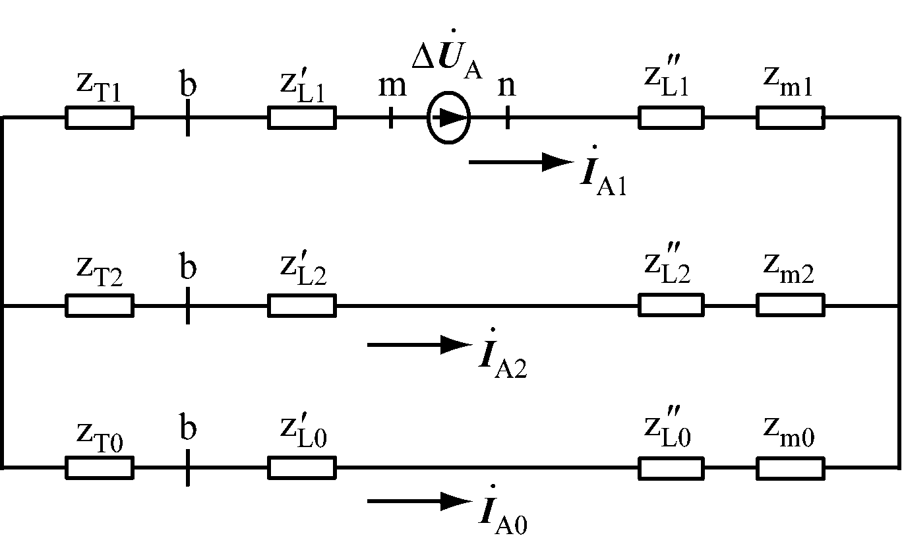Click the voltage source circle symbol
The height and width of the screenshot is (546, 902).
click(x=448, y=117)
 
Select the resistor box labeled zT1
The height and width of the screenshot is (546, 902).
click(x=100, y=117)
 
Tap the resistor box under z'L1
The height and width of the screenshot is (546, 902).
click(x=301, y=117)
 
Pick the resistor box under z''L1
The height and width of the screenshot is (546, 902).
click(x=671, y=117)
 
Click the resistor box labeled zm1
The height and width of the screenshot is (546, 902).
click(x=790, y=117)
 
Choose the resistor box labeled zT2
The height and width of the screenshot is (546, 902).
click(x=100, y=305)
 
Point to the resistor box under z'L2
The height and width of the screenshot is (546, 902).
click(x=301, y=305)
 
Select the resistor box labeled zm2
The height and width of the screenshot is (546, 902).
click(x=790, y=305)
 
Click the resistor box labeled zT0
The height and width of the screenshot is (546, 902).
click(x=100, y=468)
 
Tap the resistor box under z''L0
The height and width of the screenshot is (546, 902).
click(x=671, y=468)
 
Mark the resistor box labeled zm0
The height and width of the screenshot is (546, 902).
click(x=790, y=468)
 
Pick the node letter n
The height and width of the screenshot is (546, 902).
click(x=506, y=86)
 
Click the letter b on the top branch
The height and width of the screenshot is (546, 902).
click(x=188, y=84)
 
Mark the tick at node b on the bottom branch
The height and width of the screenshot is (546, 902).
click(x=188, y=468)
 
